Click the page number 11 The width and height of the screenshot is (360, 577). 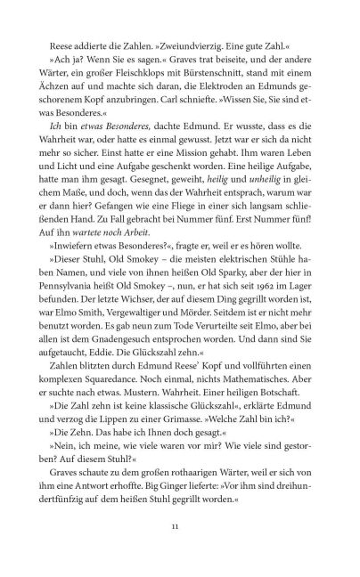click(x=179, y=563)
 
